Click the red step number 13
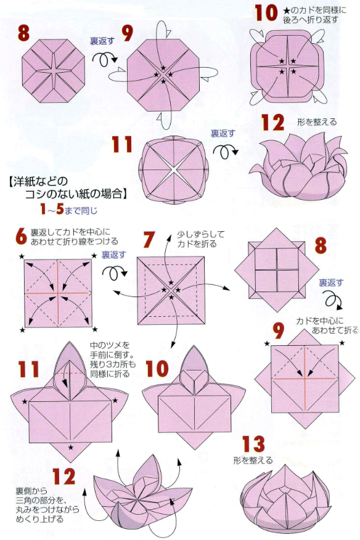253,444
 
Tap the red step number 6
21,236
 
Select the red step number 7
149,240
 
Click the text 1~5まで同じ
68,210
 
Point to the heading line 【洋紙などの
38,182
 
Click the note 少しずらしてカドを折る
200,239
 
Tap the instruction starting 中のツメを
112,359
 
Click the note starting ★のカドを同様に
314,14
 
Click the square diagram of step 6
58,293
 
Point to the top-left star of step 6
22,256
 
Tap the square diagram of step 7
171,290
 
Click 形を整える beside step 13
253,460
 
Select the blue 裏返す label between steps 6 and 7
113,255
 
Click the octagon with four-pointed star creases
53,71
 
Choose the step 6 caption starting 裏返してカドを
74,237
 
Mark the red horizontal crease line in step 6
58,293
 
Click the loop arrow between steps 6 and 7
113,272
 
